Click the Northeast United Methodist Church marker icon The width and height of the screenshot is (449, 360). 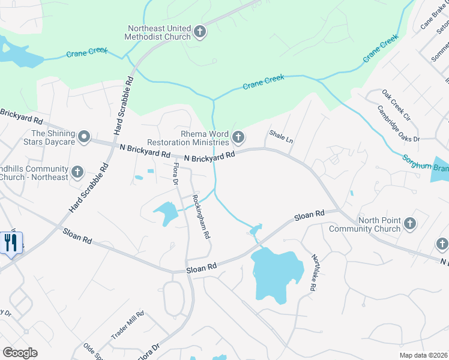[x=200, y=32]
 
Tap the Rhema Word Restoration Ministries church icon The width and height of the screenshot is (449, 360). [x=238, y=138]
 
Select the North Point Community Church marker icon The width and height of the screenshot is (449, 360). [x=409, y=224]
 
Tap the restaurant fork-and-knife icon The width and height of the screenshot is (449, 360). [x=11, y=243]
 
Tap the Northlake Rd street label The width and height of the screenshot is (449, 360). [x=313, y=272]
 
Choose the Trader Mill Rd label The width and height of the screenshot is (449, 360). [x=128, y=325]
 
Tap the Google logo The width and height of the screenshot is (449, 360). [x=20, y=353]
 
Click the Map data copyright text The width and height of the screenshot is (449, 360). [x=423, y=355]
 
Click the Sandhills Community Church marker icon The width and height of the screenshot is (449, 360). [x=77, y=173]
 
